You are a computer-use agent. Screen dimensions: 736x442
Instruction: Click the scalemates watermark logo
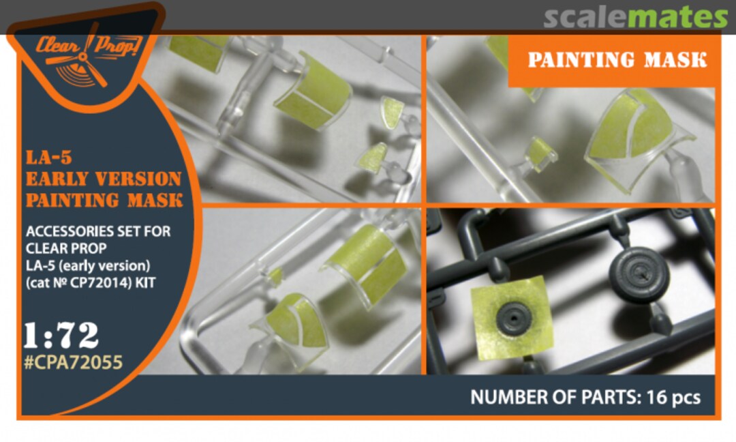tap(636, 16)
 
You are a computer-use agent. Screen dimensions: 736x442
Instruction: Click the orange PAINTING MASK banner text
tap(617, 60)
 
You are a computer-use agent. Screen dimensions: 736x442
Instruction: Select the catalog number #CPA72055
tap(73, 362)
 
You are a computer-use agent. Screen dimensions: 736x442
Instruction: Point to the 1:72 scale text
tap(61, 336)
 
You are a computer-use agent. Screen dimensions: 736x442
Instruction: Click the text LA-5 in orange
tap(49, 158)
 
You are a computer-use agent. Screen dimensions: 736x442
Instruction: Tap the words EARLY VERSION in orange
tap(104, 179)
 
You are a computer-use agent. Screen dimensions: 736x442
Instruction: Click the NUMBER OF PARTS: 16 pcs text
tap(585, 398)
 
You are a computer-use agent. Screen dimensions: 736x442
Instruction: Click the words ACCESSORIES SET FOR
tap(98, 231)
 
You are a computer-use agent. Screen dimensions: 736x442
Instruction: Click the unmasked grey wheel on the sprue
tap(639, 274)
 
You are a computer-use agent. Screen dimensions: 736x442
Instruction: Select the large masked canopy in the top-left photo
tap(313, 91)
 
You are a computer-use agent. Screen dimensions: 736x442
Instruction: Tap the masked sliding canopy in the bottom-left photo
tap(365, 266)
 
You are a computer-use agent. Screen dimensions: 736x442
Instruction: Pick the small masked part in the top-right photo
tap(540, 153)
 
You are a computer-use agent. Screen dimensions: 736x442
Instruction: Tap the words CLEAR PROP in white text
tap(66, 248)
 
